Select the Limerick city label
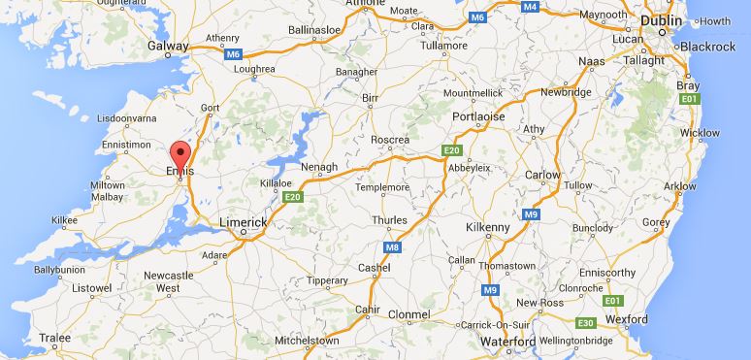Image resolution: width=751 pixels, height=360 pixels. pos(242,222)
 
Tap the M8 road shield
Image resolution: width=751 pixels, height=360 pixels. pos(393,247)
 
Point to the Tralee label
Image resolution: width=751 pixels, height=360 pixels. pos(54,338)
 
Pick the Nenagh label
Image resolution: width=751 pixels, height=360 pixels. pos(319,167)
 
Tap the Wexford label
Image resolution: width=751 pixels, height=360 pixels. pos(626,318)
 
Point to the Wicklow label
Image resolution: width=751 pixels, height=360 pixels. pos(700,132)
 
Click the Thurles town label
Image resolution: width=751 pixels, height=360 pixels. pos(389,220)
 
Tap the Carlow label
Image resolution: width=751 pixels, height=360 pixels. pos(544,175)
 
